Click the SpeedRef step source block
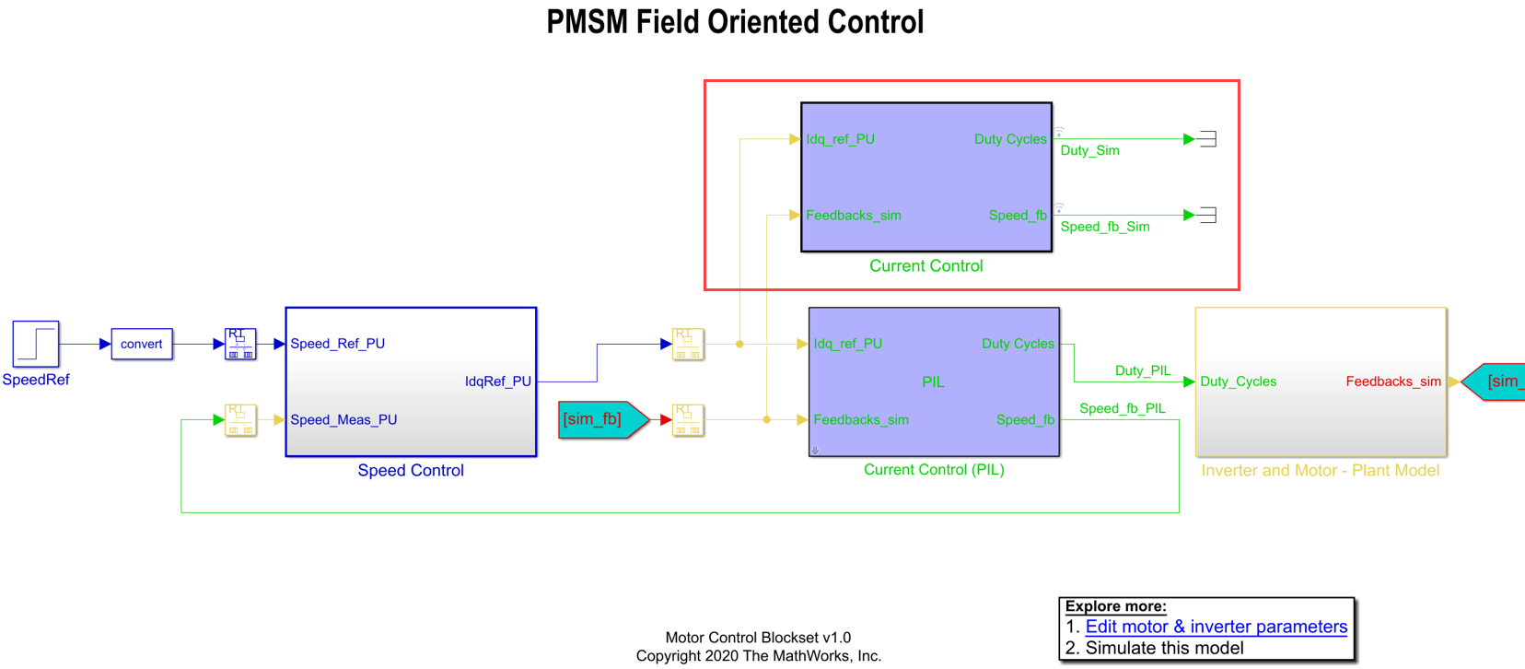36,344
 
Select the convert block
142,344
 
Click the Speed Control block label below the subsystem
411,471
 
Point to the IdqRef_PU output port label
497,381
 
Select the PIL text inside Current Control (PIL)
933,381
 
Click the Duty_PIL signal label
1143,370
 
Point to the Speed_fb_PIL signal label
1122,408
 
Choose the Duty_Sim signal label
1089,150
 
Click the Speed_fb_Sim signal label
1104,227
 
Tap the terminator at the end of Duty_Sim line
1208,139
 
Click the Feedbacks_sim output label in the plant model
1392,381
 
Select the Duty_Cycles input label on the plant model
1238,381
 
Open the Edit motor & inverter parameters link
1216,627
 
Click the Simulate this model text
1164,648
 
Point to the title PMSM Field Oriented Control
735,22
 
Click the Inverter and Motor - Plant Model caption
1320,471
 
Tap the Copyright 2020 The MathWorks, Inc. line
758,656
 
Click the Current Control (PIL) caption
934,470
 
